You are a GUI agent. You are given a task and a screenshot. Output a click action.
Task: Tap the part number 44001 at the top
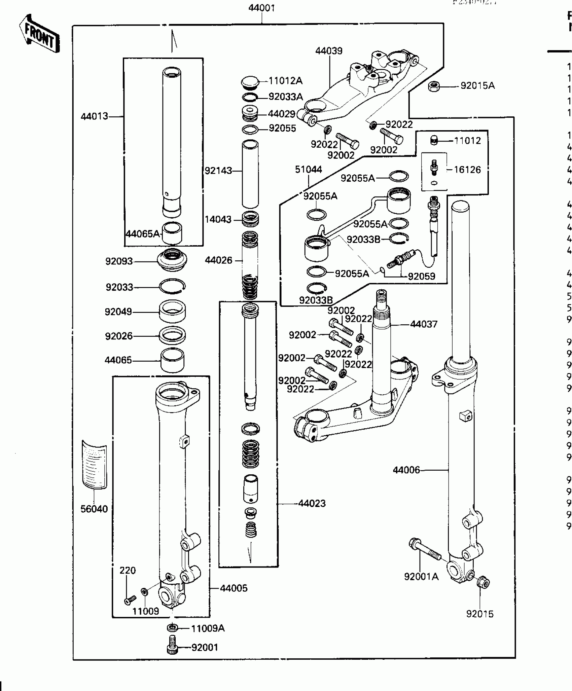pyautogui.click(x=261, y=8)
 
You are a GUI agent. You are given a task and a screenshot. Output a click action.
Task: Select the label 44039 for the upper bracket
pyautogui.click(x=329, y=51)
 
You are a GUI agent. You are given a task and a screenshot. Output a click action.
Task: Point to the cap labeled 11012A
pyautogui.click(x=250, y=82)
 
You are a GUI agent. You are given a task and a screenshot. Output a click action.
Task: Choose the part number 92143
pyautogui.click(x=218, y=171)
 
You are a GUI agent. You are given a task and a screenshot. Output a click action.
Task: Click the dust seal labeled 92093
pyautogui.click(x=172, y=260)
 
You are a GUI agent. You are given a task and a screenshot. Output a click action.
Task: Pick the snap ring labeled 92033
pyautogui.click(x=172, y=286)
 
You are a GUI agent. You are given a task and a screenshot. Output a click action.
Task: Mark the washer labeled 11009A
pyautogui.click(x=173, y=628)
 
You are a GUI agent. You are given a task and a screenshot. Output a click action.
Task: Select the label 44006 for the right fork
pyautogui.click(x=406, y=470)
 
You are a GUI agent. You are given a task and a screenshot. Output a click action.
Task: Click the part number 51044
pyautogui.click(x=309, y=169)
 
